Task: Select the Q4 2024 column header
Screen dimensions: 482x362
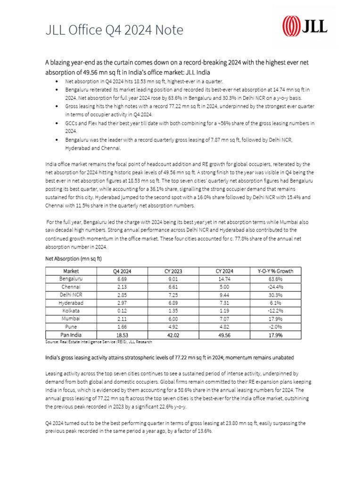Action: point(123,271)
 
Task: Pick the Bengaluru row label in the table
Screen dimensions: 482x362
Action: point(71,279)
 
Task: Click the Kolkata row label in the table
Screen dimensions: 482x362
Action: point(71,311)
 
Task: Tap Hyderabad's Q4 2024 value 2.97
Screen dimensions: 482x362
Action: point(123,303)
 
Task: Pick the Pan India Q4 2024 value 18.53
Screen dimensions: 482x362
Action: point(123,335)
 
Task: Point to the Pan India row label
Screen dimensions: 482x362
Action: point(71,335)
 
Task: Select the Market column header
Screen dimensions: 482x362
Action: point(71,271)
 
